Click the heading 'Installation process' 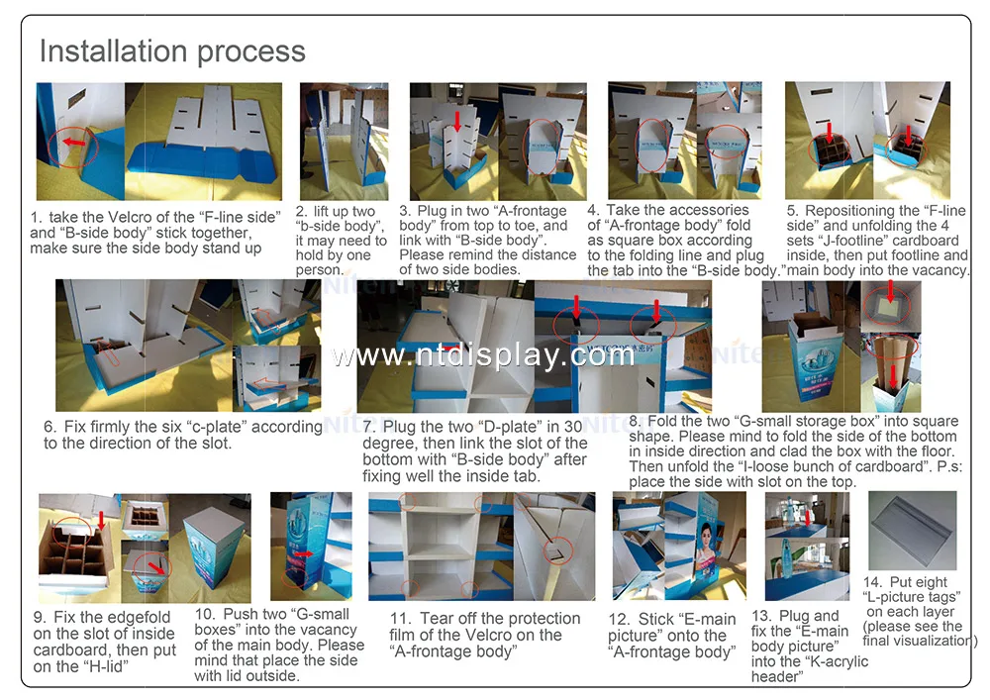pyautogui.click(x=172, y=51)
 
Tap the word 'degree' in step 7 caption pyautogui.click(x=389, y=443)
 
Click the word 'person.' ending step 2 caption pyautogui.click(x=319, y=269)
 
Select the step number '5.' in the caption pyautogui.click(x=792, y=211)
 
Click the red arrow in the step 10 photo pyautogui.click(x=310, y=552)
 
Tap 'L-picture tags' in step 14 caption pyautogui.click(x=912, y=597)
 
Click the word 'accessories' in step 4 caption pyautogui.click(x=708, y=210)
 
